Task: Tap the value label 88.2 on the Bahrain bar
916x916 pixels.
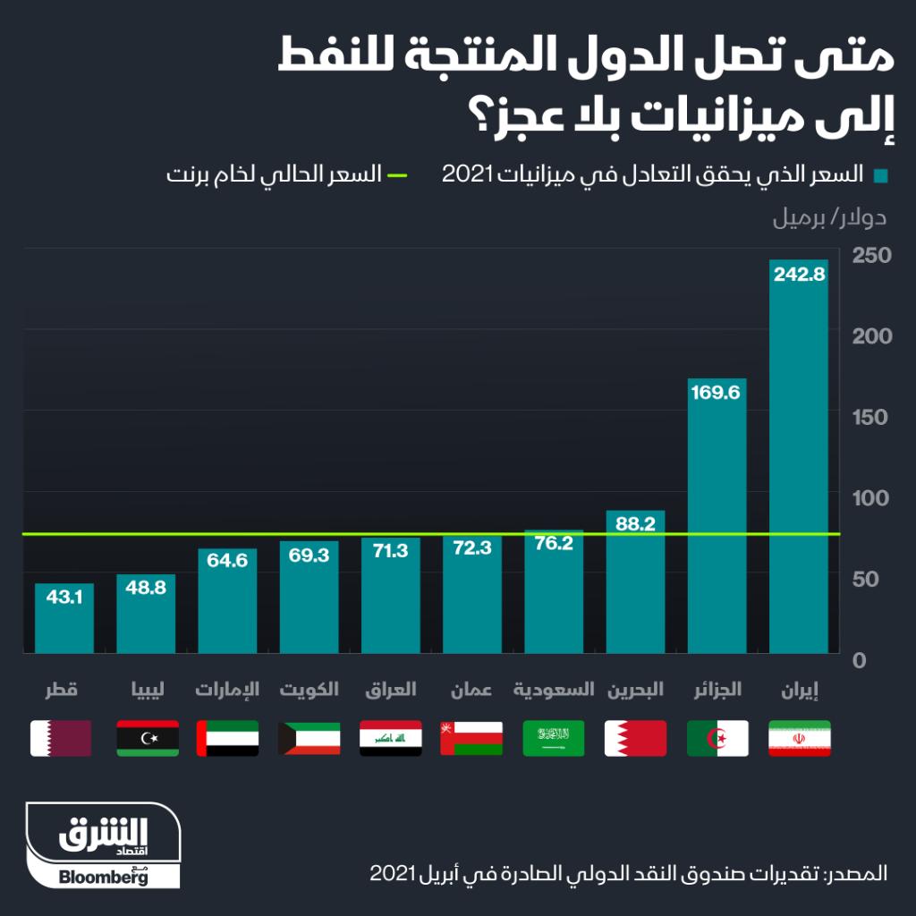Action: (636, 524)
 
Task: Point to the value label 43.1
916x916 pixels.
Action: (64, 595)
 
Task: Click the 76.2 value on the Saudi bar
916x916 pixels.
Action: (554, 543)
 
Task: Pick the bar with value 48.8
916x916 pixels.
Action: (146, 617)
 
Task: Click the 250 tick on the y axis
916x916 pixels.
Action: (871, 256)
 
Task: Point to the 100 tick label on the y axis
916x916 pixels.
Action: (871, 499)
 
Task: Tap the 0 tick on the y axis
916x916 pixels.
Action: (860, 661)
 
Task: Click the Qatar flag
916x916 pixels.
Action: (61, 738)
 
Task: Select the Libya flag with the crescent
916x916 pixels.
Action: (147, 738)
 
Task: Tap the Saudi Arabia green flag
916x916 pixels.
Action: (554, 738)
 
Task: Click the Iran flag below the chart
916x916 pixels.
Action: (799, 738)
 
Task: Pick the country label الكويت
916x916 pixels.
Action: (309, 690)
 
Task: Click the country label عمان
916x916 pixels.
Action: (471, 690)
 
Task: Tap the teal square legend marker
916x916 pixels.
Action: (881, 175)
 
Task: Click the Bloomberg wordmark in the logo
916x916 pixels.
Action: (104, 877)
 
